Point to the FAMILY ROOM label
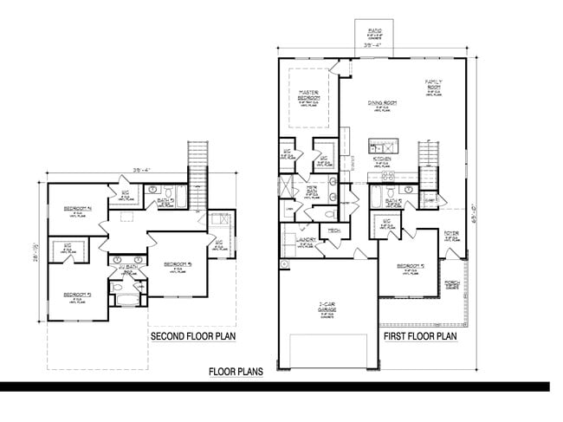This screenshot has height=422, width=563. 434,85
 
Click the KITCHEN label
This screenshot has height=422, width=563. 382,159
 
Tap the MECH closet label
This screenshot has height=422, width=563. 333,230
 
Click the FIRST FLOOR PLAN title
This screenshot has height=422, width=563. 420,335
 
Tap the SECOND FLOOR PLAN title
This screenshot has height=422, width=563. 194,335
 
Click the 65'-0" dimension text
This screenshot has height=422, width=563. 476,207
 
